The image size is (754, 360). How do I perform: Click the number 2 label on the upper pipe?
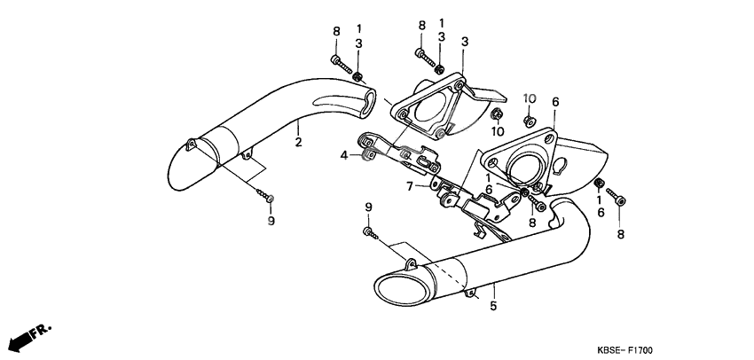point(299,142)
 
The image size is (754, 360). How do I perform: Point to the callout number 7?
point(410,187)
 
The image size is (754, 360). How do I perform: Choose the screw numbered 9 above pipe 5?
point(370,233)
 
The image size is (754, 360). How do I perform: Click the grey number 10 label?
point(530,98)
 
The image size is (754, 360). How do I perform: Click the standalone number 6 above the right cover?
point(555,103)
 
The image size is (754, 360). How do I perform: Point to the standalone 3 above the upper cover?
point(465,41)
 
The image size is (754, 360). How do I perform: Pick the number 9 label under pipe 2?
point(271,221)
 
